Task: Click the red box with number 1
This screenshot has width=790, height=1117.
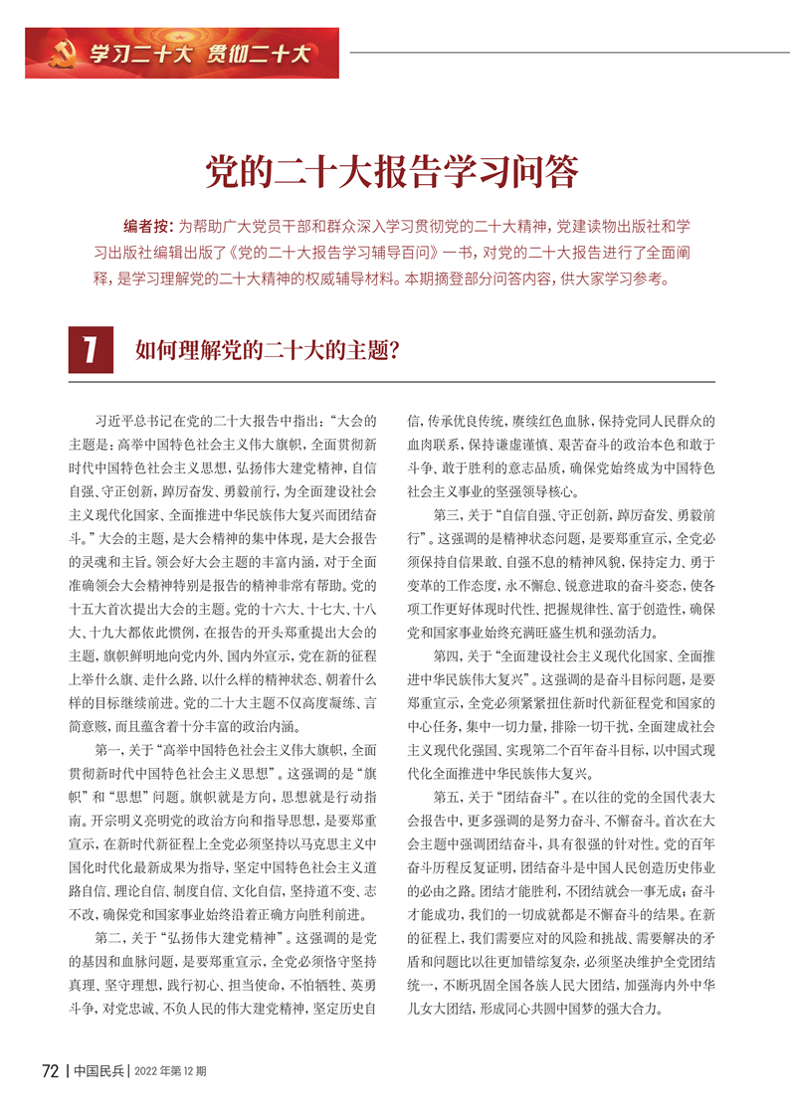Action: (x=89, y=351)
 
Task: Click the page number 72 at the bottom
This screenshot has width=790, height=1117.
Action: (x=50, y=1070)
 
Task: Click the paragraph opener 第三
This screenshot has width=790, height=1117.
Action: (x=447, y=515)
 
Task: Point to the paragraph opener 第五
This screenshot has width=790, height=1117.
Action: (x=447, y=770)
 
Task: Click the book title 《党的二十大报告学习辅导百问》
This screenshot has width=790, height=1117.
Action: (x=319, y=252)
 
